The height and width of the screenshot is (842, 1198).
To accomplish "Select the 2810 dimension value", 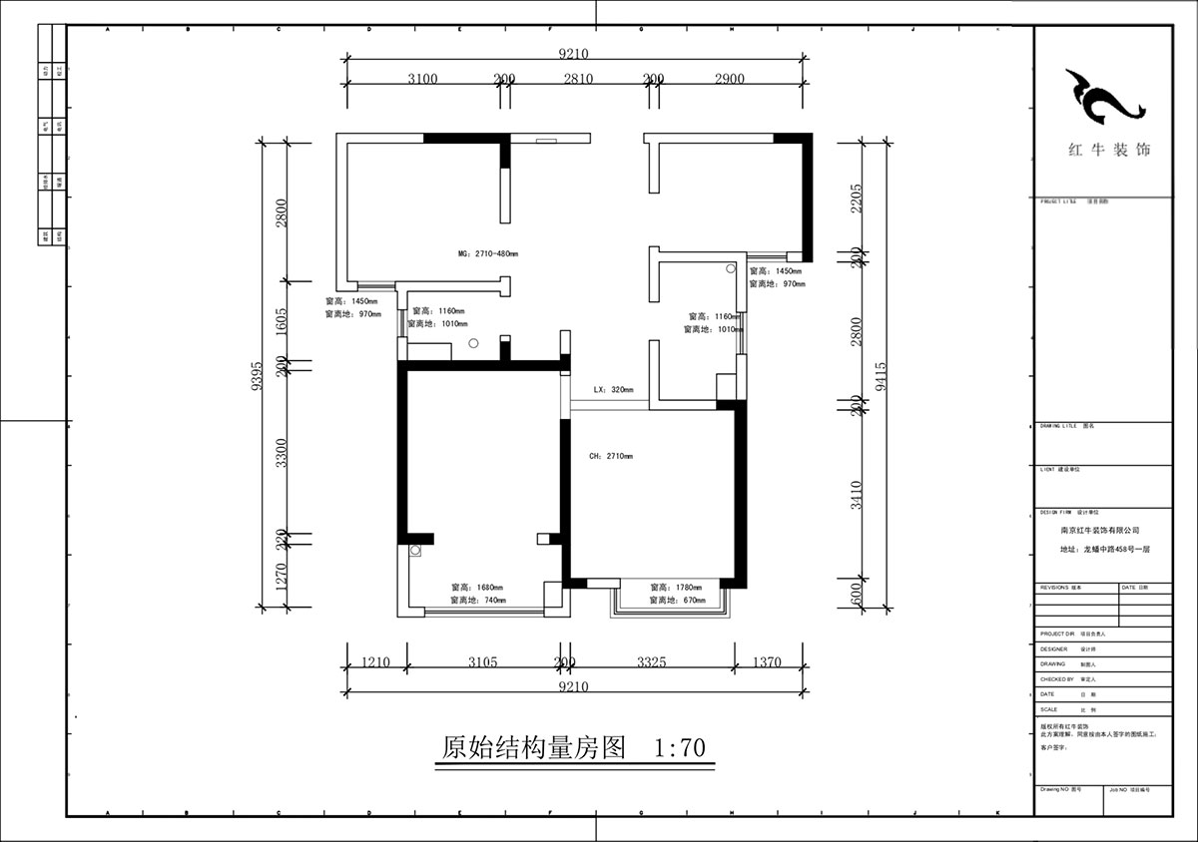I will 578,79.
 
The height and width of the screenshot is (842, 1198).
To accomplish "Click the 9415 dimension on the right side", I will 878,373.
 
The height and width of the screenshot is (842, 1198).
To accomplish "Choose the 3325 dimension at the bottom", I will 650,662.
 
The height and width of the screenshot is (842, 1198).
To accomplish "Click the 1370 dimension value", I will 767,662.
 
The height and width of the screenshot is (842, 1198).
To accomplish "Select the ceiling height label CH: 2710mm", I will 611,456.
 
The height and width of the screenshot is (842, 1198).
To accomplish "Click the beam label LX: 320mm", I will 613,390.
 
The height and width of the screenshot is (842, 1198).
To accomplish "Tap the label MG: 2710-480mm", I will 488,254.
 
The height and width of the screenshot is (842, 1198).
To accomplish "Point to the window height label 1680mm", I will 476,588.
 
